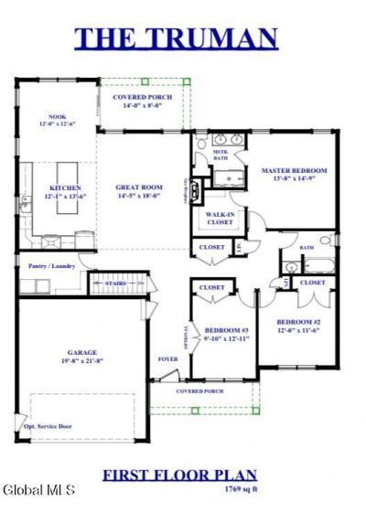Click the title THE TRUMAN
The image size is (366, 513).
point(176,37)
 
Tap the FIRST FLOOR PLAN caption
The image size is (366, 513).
point(178,475)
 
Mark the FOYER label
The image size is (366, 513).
point(167,358)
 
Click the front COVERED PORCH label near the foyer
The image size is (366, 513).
point(200,390)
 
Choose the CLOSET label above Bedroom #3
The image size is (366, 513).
point(212,287)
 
